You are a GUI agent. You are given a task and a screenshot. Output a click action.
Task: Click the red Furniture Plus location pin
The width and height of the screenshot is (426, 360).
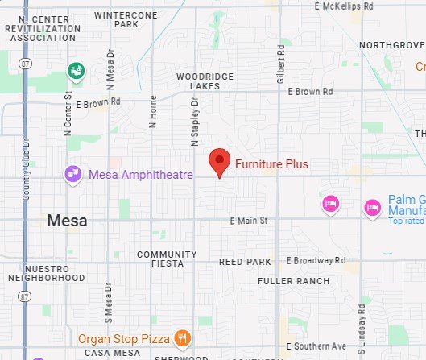click(x=219, y=162)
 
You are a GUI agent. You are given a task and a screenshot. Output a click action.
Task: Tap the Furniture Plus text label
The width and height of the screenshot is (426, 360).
click(x=271, y=164)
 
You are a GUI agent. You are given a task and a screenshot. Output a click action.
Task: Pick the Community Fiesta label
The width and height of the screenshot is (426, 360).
click(x=167, y=259)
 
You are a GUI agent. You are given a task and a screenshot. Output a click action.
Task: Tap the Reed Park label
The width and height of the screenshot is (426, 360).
click(x=246, y=262)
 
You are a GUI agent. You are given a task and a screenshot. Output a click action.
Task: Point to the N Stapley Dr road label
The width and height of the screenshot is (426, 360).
click(x=194, y=122)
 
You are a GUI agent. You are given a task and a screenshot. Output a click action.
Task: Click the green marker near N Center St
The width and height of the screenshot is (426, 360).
click(x=77, y=71)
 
